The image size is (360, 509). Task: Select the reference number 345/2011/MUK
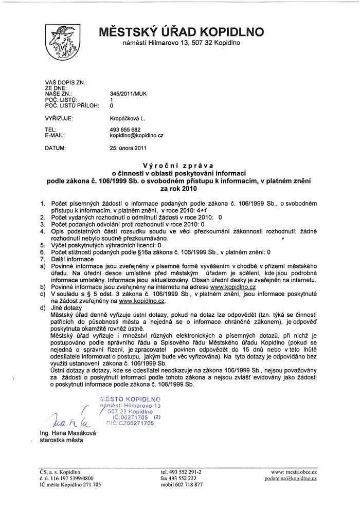tap(128, 94)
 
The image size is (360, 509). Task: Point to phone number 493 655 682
tap(125, 130)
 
